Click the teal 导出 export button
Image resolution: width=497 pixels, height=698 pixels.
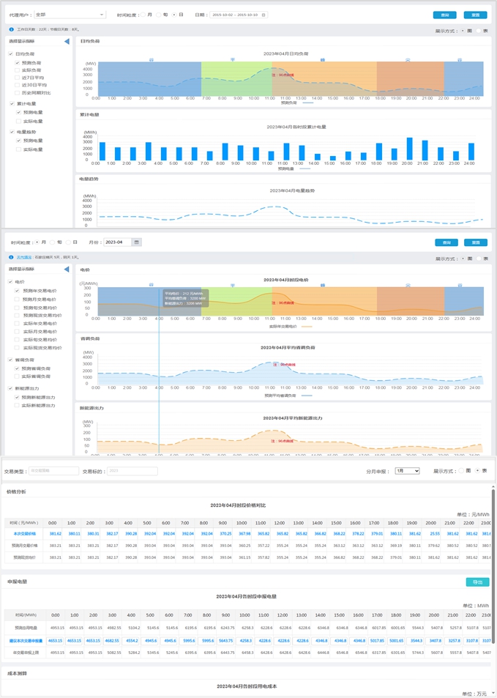pos(477,582)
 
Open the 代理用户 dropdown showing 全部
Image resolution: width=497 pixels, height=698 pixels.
pos(70,15)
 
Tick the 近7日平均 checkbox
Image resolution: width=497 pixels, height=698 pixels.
pos(18,77)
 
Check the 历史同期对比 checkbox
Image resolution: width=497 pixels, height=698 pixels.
pos(18,93)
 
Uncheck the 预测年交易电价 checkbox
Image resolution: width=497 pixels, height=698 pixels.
pos(18,291)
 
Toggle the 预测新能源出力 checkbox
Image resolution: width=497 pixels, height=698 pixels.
pos(18,398)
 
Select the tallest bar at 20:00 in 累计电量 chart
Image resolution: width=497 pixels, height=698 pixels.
pos(410,149)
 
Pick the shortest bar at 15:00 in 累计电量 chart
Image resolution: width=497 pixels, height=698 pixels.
pos(333,158)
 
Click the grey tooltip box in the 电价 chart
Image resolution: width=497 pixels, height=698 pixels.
pos(184,298)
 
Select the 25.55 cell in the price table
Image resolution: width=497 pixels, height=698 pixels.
pos(435,533)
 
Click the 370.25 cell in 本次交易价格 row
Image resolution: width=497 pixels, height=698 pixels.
pos(225,533)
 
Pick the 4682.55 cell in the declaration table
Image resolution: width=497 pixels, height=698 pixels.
pos(112,641)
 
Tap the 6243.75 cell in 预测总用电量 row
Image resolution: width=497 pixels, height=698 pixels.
pos(226,628)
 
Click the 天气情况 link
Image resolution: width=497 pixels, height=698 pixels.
pos(25,258)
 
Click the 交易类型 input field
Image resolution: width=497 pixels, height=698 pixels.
pos(53,471)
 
